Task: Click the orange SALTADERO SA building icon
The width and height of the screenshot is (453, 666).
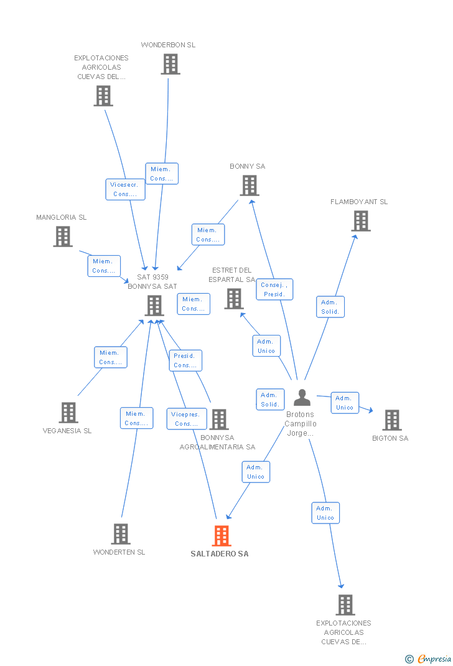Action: (x=222, y=535)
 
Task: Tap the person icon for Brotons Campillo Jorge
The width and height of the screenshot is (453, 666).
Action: (x=302, y=397)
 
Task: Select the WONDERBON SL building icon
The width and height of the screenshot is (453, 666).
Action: (x=170, y=64)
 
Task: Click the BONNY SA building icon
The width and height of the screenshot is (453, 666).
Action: (x=249, y=185)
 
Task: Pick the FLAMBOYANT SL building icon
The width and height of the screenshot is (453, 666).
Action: (x=360, y=221)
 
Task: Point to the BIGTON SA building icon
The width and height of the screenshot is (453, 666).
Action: (x=391, y=420)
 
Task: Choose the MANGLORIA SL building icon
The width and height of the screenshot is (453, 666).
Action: (x=62, y=237)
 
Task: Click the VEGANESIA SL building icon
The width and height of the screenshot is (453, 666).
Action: (x=68, y=412)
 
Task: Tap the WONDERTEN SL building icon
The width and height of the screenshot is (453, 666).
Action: (x=120, y=534)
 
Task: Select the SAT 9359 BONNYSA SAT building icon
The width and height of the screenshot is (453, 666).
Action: (x=154, y=306)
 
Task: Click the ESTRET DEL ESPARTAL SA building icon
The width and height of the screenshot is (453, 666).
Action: (x=233, y=299)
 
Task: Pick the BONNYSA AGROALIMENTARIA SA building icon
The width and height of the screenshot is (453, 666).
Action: (x=218, y=420)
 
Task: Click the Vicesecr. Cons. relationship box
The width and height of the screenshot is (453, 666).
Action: (x=125, y=189)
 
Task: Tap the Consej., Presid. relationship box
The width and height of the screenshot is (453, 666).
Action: (x=274, y=289)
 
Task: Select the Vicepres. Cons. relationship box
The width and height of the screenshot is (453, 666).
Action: (x=187, y=419)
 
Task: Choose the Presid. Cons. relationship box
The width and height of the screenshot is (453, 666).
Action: (x=185, y=360)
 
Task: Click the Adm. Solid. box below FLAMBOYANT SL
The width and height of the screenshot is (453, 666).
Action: (x=330, y=307)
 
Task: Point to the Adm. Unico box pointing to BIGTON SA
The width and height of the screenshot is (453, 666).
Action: (x=344, y=403)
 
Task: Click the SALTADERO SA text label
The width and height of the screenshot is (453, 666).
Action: (x=220, y=554)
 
